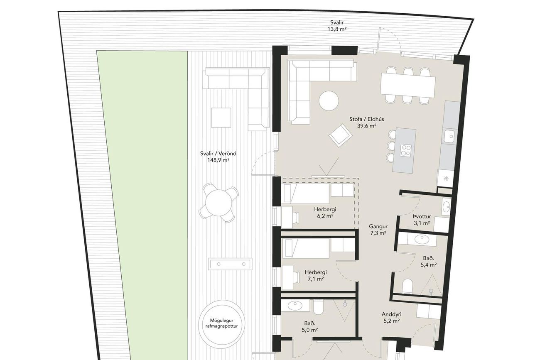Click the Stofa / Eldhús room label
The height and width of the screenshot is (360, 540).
[367, 119]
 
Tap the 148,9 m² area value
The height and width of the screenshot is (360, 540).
[218, 160]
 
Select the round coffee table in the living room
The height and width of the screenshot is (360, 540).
[329, 101]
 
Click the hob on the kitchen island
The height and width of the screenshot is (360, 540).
[406, 150]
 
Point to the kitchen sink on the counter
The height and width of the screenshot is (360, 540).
[449, 136]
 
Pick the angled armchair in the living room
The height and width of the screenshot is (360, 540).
[340, 135]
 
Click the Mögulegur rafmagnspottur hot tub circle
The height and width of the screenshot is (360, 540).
[221, 323]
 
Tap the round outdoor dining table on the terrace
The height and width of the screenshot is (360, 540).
[218, 202]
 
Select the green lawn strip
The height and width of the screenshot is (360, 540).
[142, 205]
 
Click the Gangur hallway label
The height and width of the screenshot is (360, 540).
[378, 227]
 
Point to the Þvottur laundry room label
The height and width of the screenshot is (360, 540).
[422, 216]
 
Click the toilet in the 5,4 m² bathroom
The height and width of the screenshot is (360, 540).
[407, 286]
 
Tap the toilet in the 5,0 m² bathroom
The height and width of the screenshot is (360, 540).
[319, 307]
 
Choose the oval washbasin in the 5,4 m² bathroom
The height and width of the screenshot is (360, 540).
[422, 240]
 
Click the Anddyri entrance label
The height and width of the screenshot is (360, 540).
[391, 314]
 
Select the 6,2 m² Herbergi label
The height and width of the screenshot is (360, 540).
[325, 213]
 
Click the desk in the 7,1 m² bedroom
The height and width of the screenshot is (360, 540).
[287, 277]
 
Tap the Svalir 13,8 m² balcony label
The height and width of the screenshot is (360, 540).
[337, 26]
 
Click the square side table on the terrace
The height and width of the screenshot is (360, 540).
[221, 118]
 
